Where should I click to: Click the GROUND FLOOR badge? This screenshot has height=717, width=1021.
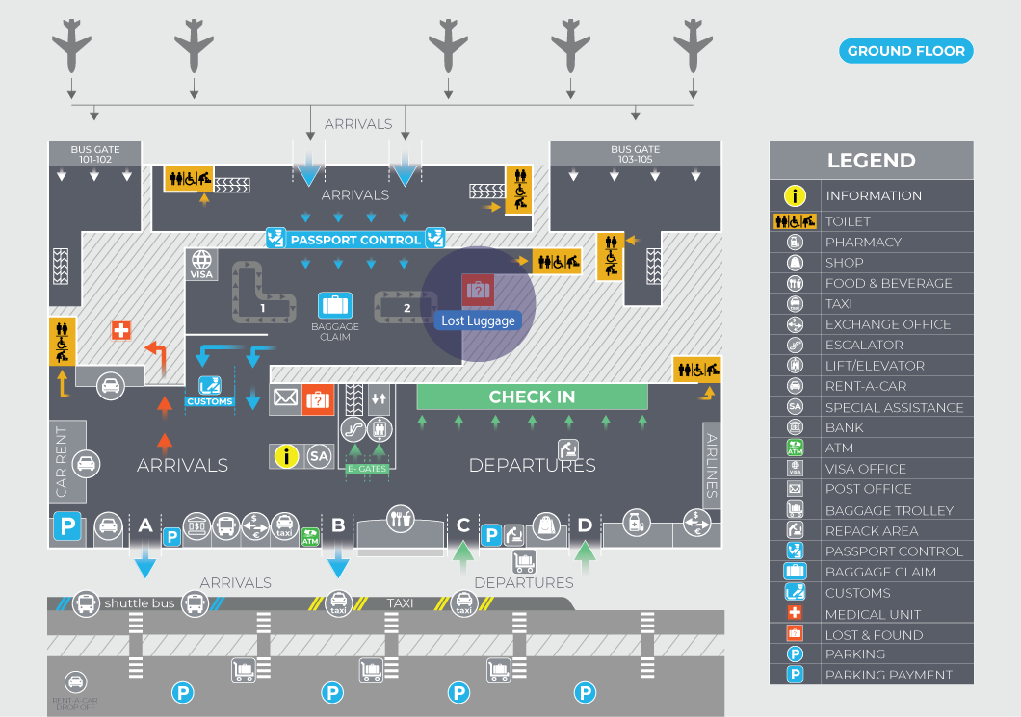905,51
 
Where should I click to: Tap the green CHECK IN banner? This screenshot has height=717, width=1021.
532,397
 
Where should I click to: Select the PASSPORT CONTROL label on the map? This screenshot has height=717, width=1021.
355,240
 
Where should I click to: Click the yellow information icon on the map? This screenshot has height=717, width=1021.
287,456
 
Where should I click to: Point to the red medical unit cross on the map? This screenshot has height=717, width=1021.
120,330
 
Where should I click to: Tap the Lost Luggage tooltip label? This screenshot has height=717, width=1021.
478,320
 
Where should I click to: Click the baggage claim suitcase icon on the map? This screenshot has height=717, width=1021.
334,306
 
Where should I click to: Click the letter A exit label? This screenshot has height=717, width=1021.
145,525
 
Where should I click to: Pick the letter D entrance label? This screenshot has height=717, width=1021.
585,525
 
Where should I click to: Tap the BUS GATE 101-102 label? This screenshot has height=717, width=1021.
95,154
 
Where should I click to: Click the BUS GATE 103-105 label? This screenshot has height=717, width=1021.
635,154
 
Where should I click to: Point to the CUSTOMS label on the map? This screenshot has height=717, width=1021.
210,401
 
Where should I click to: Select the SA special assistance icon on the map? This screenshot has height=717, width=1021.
319,456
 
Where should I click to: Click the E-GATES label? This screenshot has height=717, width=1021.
367,469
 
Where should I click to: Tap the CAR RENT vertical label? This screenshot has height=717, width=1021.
63,462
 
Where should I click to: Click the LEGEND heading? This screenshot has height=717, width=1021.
871,161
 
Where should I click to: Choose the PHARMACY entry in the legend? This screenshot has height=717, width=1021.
863,242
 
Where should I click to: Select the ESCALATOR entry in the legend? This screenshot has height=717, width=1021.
864,345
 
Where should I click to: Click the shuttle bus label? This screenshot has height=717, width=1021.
140,603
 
